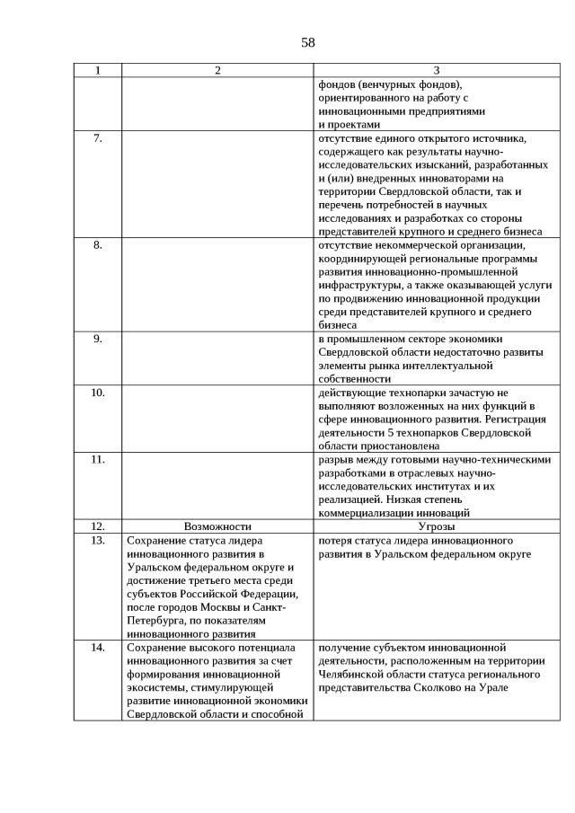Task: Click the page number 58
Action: [308, 42]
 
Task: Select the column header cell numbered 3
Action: [437, 71]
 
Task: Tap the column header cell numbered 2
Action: [217, 71]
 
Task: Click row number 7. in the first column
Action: [98, 138]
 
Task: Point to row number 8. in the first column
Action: [98, 244]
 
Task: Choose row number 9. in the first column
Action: [98, 339]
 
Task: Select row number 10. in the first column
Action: [98, 393]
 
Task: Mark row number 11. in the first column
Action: [98, 459]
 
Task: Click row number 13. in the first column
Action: [98, 541]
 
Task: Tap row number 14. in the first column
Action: [98, 647]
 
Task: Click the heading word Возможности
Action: [217, 526]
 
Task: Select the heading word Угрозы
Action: [437, 526]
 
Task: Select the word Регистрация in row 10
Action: [515, 419]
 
